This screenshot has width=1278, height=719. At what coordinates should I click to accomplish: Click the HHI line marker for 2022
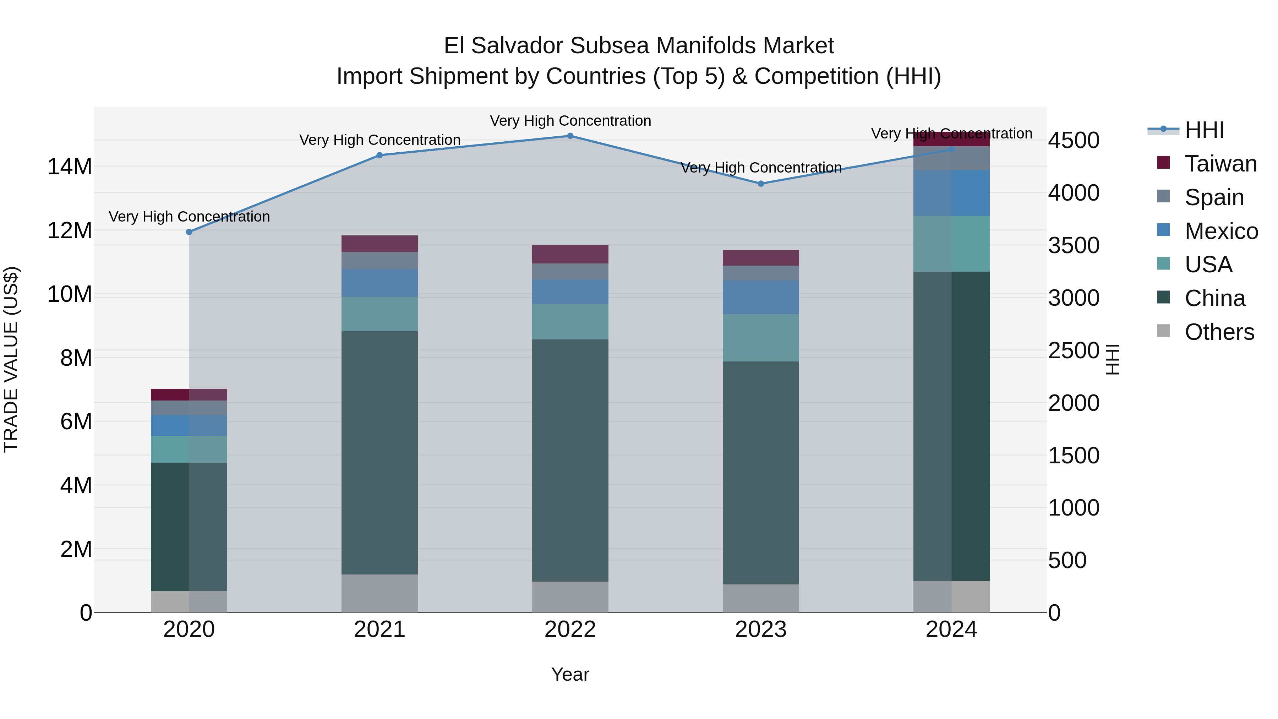click(570, 136)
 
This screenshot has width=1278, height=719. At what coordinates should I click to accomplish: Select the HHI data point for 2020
click(189, 232)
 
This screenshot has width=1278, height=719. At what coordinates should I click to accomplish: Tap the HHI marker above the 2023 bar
click(760, 184)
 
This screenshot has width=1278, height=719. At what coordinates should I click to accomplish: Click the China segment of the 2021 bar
click(379, 453)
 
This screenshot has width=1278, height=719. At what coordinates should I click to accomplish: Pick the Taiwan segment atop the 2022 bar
click(570, 254)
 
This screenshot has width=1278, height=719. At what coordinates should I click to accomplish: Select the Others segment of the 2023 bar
click(760, 598)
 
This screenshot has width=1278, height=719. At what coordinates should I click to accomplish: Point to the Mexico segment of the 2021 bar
click(379, 283)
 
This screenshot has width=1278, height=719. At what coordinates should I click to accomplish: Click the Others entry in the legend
click(1219, 332)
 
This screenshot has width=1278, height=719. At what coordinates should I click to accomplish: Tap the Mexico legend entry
click(1221, 231)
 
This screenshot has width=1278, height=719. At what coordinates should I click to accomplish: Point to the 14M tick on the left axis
click(70, 167)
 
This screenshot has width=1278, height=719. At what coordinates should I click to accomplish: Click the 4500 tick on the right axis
click(1074, 140)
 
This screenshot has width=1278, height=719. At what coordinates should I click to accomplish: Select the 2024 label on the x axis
click(951, 630)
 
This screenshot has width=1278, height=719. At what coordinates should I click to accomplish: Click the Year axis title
click(570, 674)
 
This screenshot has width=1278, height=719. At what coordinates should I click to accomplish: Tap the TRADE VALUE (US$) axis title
click(11, 359)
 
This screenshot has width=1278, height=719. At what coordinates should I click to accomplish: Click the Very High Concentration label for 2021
click(379, 140)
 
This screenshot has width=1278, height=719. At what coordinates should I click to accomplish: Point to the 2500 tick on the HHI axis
click(1074, 351)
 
